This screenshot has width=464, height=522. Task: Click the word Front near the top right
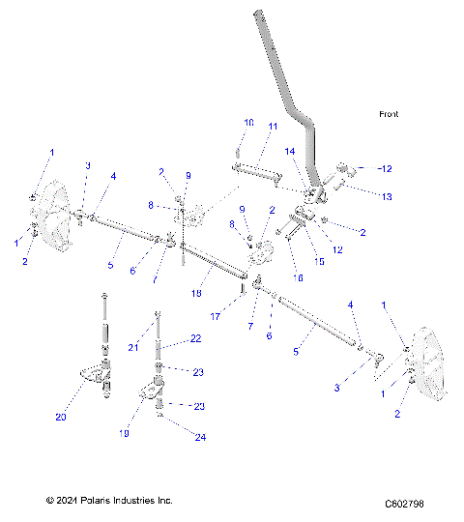point(389,114)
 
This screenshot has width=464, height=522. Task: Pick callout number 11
point(273,128)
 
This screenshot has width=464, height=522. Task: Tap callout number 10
point(248,123)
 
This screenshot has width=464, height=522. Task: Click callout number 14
point(289,152)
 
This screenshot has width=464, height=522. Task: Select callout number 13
point(361,197)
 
